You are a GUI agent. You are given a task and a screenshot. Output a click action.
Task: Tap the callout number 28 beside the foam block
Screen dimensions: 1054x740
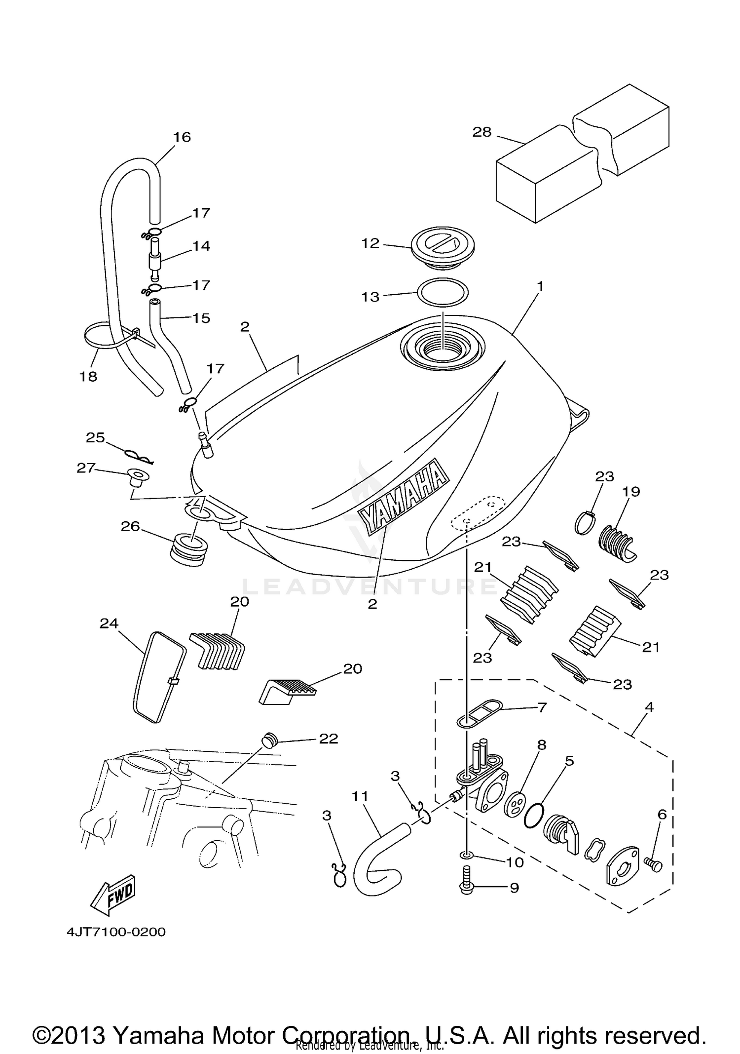pyautogui.click(x=481, y=132)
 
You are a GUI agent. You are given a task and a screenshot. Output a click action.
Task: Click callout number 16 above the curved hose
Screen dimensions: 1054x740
pyautogui.click(x=182, y=137)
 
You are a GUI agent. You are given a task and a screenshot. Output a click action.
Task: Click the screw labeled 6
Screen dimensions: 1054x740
pyautogui.click(x=653, y=863)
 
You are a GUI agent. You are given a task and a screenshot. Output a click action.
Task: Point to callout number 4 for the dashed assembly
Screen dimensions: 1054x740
pyautogui.click(x=649, y=707)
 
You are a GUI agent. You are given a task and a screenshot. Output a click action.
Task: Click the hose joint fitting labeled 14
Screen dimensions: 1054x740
pyautogui.click(x=154, y=258)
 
